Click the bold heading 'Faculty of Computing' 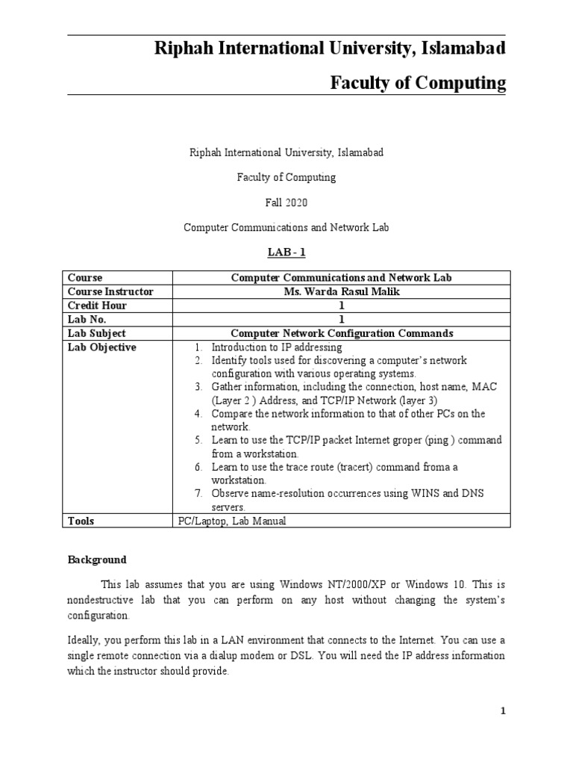(418, 83)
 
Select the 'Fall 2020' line (286, 202)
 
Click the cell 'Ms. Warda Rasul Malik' (342, 291)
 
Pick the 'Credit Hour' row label (97, 306)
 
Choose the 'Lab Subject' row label (97, 333)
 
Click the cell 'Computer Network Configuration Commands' (342, 333)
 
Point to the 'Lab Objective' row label (102, 347)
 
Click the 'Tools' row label (81, 521)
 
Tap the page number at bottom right (504, 711)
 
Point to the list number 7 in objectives (198, 494)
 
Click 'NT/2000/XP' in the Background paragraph (389, 583)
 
